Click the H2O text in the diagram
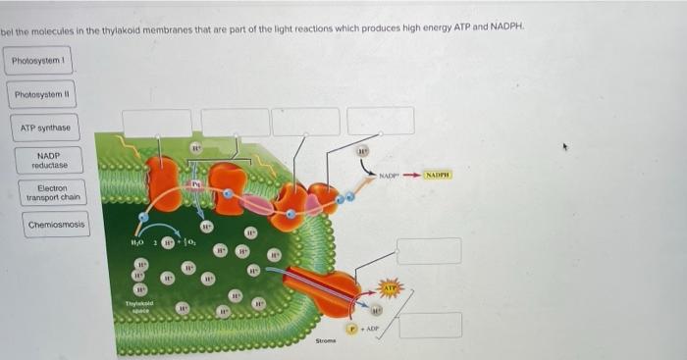pyautogui.click(x=137, y=240)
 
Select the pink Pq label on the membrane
pyautogui.click(x=196, y=181)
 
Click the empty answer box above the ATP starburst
pyautogui.click(x=429, y=250)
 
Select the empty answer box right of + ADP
pyautogui.click(x=430, y=325)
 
